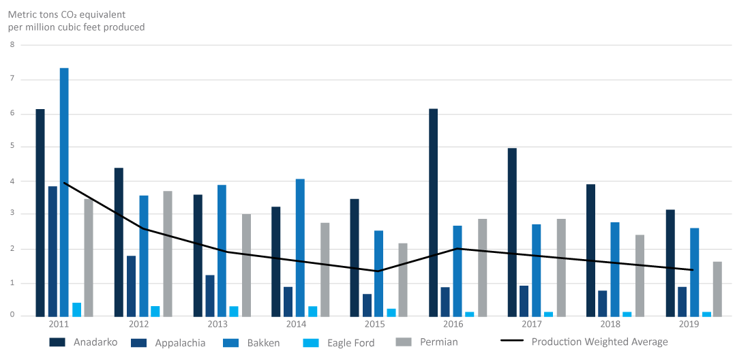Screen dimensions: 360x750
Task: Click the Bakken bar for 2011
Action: [x=64, y=192]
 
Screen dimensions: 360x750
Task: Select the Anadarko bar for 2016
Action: [x=434, y=212]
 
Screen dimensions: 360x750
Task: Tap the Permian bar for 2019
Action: [x=717, y=288]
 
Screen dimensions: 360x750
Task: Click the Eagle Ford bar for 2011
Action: [x=76, y=309]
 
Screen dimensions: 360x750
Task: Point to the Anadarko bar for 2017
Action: [x=512, y=232]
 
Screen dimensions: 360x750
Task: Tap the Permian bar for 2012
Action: [x=168, y=253]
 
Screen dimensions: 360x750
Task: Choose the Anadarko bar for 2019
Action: [x=670, y=262]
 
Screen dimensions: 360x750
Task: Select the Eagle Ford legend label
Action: [x=351, y=342]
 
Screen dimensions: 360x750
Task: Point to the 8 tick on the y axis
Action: [x=12, y=45]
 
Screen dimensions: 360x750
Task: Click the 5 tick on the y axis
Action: [x=12, y=147]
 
